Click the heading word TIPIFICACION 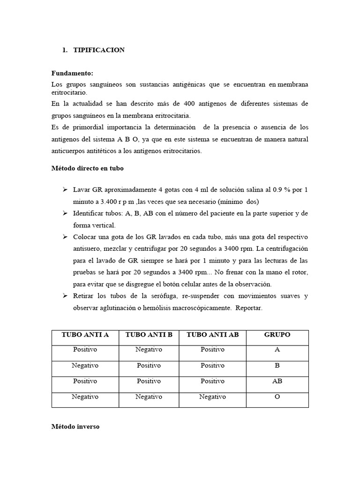[99, 50]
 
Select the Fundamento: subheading [72, 74]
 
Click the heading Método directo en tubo [87, 167]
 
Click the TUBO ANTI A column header [85, 335]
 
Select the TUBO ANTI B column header [149, 335]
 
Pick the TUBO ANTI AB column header [212, 335]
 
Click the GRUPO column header [277, 335]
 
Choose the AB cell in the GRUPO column [277, 381]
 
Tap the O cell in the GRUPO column [277, 397]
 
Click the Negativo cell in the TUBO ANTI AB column [212, 397]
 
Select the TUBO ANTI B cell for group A [149, 350]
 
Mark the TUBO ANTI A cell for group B [85, 366]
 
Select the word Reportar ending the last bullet [249, 308]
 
